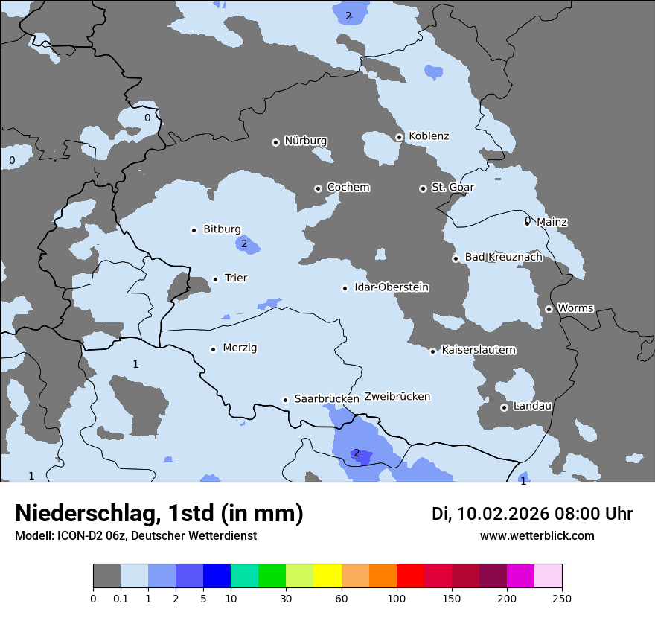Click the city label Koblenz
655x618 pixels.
click(429, 136)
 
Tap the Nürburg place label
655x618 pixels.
click(305, 141)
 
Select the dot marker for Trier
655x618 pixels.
click(216, 279)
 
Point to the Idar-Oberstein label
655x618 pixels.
click(391, 287)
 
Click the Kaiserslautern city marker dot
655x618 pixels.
click(432, 351)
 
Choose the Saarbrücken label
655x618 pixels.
click(326, 399)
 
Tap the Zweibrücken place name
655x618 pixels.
click(397, 397)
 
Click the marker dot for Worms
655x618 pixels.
click(549, 309)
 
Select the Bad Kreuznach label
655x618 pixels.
click(503, 258)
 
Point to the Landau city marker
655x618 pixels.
click(504, 407)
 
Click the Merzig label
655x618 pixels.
click(240, 348)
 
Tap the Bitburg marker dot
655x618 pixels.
click(194, 230)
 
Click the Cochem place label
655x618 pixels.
click(348, 188)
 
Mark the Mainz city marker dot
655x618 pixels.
click(528, 222)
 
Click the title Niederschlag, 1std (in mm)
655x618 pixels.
click(159, 514)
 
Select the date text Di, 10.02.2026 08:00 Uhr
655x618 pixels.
click(532, 514)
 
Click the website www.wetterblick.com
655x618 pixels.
click(537, 535)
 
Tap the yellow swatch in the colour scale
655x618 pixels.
click(327, 576)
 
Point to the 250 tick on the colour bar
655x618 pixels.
click(562, 598)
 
